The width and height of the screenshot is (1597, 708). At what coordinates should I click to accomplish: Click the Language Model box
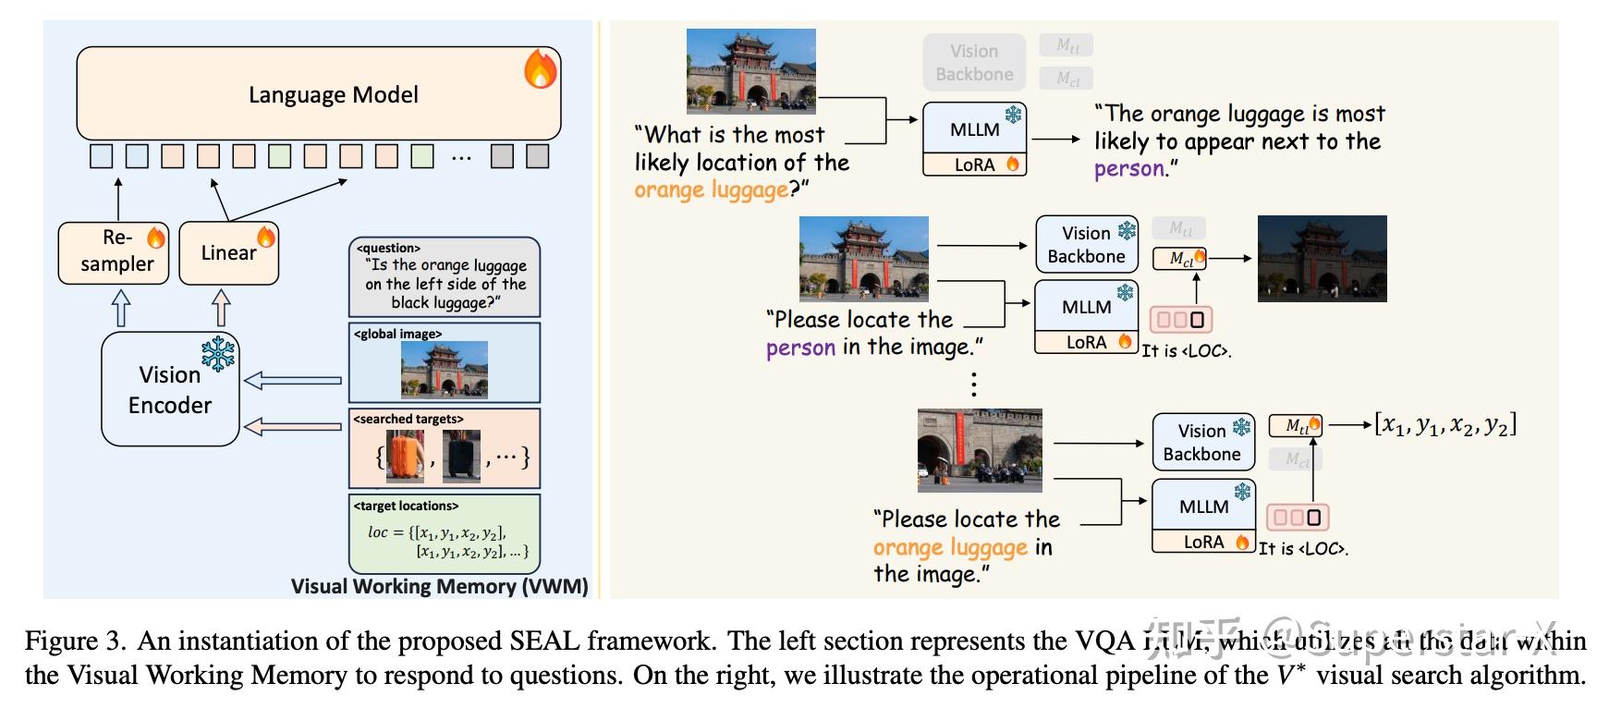tap(319, 94)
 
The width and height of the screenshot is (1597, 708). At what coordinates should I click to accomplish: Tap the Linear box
tap(227, 252)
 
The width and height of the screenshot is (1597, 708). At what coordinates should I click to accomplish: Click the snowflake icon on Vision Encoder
tap(218, 354)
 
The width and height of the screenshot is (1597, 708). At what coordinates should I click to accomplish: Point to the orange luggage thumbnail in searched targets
tap(405, 456)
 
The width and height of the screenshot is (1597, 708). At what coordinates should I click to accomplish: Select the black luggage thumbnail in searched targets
tap(461, 457)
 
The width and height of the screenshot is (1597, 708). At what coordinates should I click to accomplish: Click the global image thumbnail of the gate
tap(445, 370)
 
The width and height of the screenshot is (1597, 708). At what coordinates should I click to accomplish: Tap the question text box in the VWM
tap(445, 277)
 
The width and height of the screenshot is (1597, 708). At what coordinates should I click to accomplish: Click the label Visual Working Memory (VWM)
tap(439, 586)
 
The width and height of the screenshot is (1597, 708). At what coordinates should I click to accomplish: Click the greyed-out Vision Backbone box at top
tap(974, 63)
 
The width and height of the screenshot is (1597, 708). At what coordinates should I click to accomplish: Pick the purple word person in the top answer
tap(1128, 169)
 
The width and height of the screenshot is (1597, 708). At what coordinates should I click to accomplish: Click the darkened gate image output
tap(1322, 259)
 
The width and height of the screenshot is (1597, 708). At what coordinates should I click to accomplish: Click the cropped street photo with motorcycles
tap(980, 450)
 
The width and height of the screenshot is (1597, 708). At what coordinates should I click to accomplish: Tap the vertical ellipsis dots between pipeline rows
tap(973, 384)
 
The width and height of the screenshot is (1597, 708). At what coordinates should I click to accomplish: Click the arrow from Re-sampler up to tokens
tap(118, 198)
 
